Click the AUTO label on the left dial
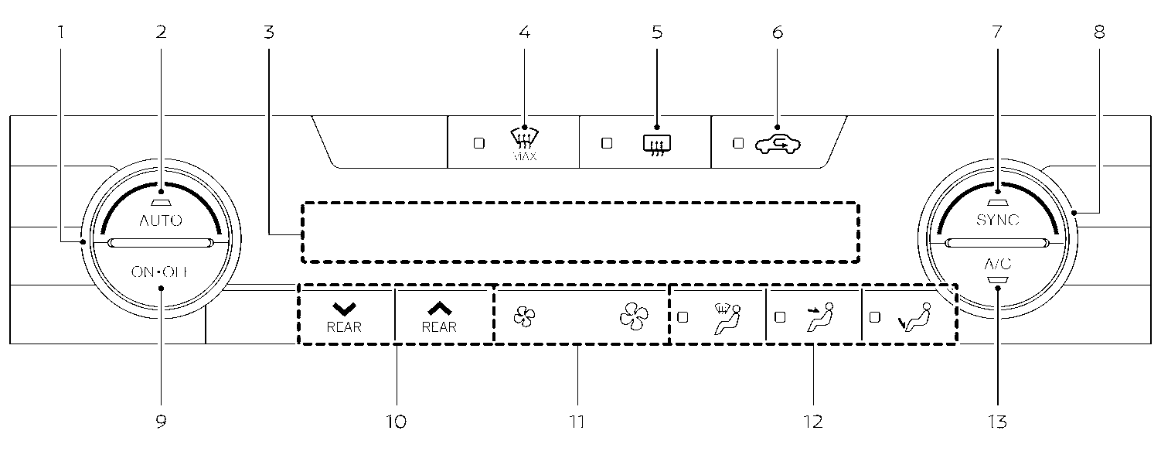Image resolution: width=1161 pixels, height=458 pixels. tap(161, 220)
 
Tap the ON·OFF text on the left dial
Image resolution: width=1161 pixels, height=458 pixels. tap(161, 272)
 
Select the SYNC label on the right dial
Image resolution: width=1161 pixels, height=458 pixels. tap(997, 220)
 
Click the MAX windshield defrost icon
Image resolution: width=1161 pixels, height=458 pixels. tap(525, 140)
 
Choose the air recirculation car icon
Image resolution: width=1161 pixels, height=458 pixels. tap(778, 142)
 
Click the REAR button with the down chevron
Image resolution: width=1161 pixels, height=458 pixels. tap(344, 317)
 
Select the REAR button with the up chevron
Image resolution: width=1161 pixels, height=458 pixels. tap(439, 317)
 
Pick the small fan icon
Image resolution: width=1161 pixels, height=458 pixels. tap(523, 316)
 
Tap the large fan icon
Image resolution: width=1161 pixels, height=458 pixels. tap(634, 316)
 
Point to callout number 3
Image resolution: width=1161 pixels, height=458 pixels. tap(267, 32)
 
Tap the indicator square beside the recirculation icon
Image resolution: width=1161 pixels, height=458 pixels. tap(737, 143)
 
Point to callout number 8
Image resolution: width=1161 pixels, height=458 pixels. tap(1099, 32)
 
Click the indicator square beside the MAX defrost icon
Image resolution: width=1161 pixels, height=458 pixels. tap(478, 143)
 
